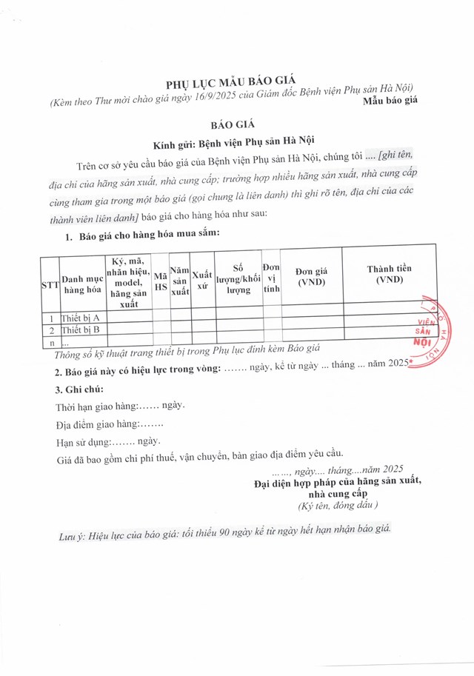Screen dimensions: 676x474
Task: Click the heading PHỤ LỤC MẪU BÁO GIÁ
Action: (236, 86)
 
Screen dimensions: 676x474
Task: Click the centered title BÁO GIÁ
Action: (236, 127)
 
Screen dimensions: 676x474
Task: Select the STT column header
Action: (50, 284)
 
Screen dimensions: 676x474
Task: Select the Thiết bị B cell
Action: (81, 329)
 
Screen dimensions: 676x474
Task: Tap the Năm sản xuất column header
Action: (181, 281)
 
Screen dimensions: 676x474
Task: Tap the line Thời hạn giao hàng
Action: (120, 406)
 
